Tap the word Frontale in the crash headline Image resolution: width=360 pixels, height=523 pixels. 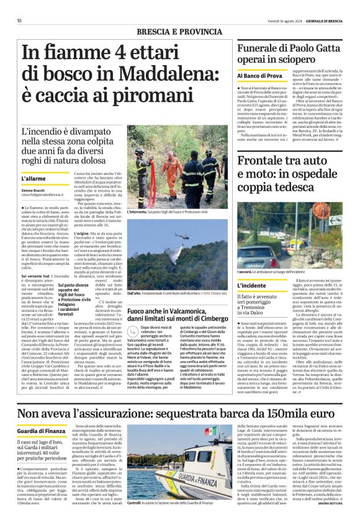click(x=265, y=161)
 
